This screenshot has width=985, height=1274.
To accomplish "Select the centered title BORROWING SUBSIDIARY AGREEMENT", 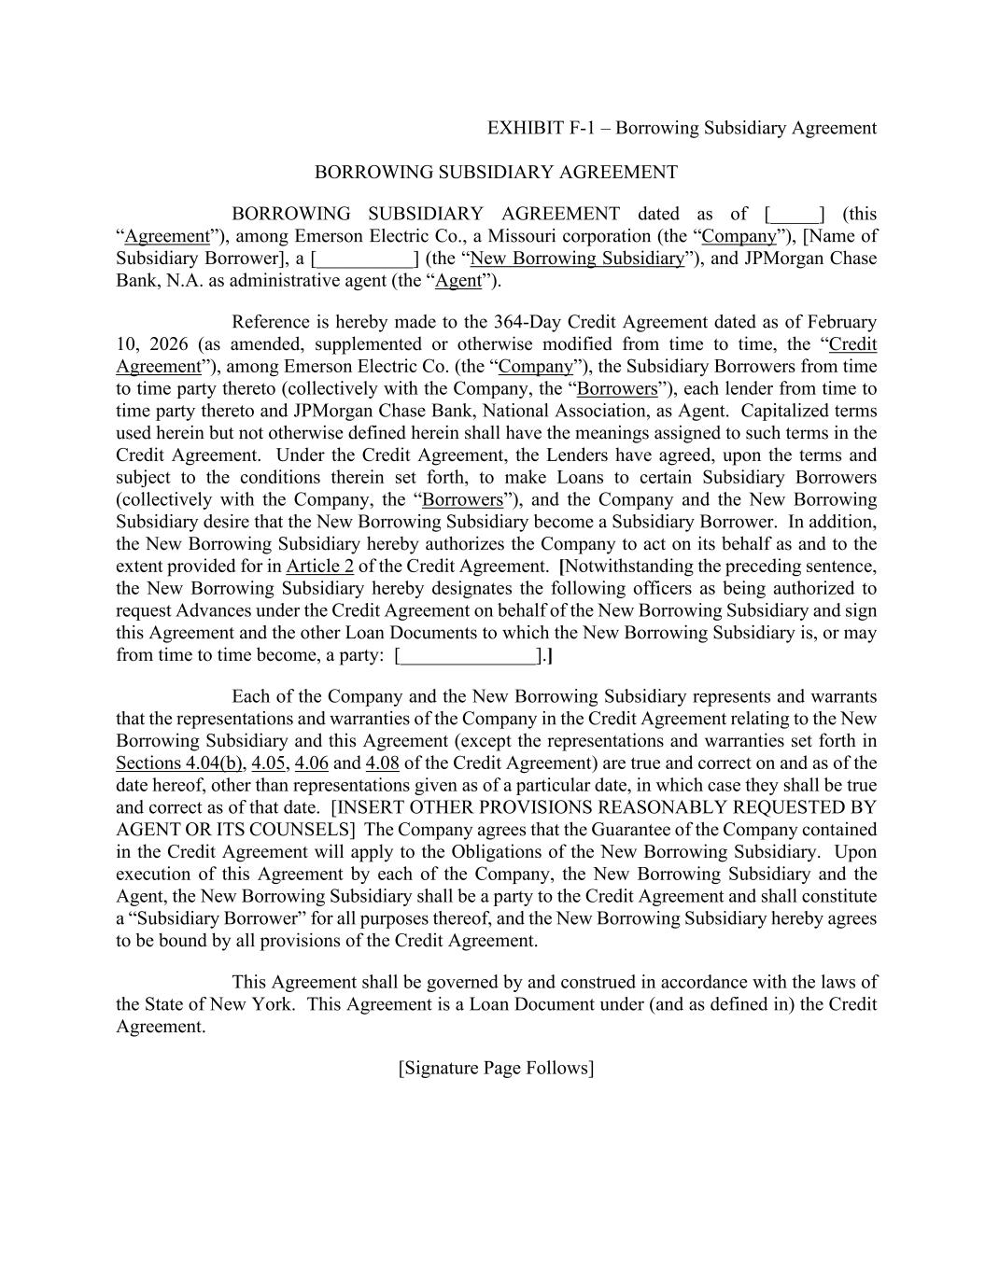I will click(496, 172).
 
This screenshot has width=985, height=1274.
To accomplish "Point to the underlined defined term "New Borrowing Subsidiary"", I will click(578, 259).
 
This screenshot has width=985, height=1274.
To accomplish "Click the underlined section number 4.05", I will click(268, 763).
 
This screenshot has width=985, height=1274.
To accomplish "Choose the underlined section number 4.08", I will click(382, 763).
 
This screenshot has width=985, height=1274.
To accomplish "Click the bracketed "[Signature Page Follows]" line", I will click(496, 1068).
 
